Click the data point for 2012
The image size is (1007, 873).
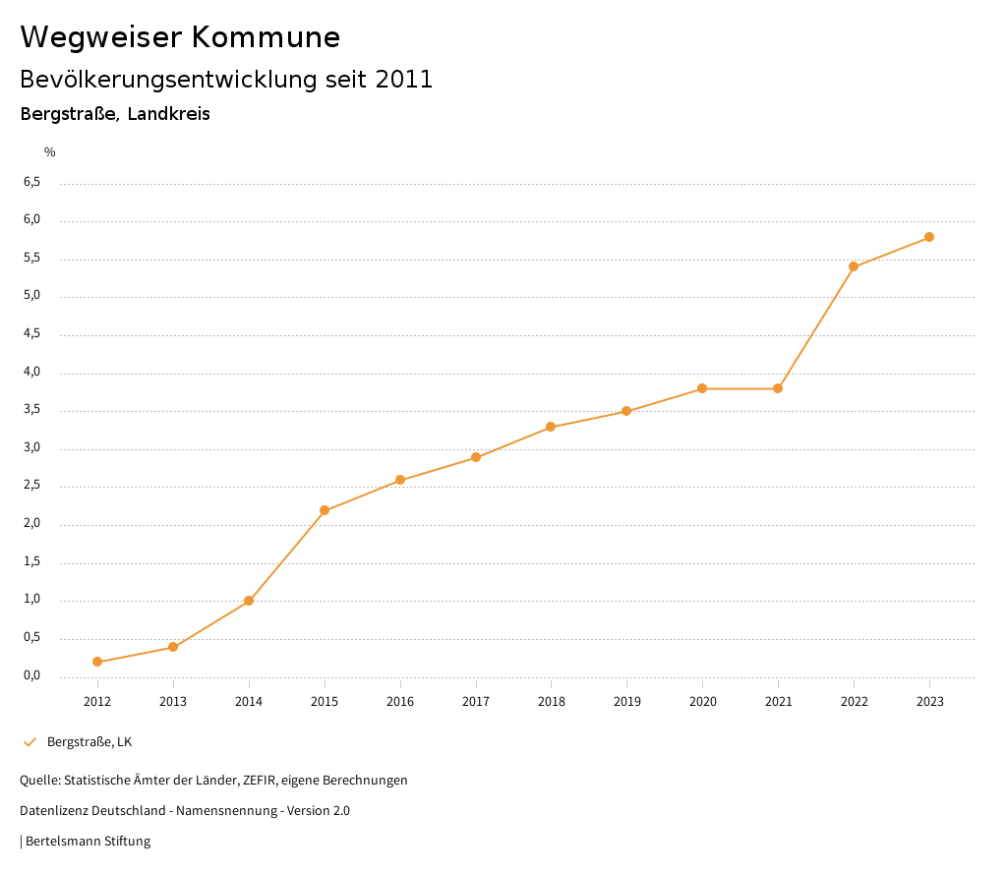pyautogui.click(x=97, y=662)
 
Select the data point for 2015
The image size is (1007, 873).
pyautogui.click(x=325, y=510)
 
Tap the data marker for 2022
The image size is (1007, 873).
pyautogui.click(x=854, y=266)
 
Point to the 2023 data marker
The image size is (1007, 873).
pyautogui.click(x=929, y=237)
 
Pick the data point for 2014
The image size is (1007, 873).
pyautogui.click(x=249, y=601)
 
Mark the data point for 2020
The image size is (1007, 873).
pyautogui.click(x=702, y=388)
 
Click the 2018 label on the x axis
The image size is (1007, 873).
pyautogui.click(x=551, y=701)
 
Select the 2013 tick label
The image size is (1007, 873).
pyautogui.click(x=173, y=701)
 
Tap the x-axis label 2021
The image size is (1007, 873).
pyautogui.click(x=778, y=701)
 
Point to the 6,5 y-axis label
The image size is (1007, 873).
pyautogui.click(x=32, y=182)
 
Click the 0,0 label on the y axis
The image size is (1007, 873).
pyautogui.click(x=32, y=675)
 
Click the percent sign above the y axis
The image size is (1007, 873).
pyautogui.click(x=50, y=152)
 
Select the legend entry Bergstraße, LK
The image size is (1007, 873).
pyautogui.click(x=89, y=741)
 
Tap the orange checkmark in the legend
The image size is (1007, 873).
pyautogui.click(x=30, y=741)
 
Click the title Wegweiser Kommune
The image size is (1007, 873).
pyautogui.click(x=180, y=37)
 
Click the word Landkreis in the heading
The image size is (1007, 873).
pyautogui.click(x=168, y=114)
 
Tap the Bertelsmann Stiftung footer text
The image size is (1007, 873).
pyautogui.click(x=88, y=841)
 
